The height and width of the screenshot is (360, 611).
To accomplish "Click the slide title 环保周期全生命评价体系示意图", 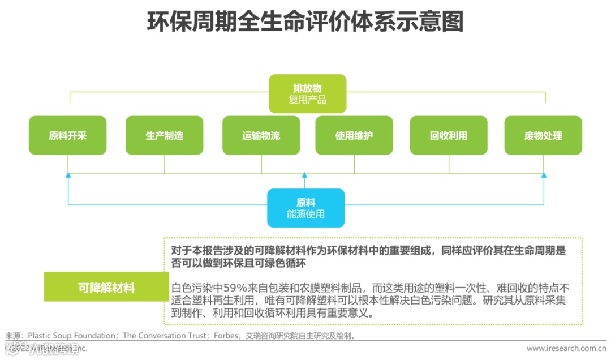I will point(305,23).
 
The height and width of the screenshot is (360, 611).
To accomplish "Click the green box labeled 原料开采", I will point(67,136).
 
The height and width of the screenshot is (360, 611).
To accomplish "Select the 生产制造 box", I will point(164,136).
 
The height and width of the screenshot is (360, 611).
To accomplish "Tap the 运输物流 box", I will point(261,136).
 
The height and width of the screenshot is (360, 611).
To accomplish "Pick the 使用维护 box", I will point(354,136).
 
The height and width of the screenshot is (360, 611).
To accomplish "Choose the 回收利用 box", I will point(449,136).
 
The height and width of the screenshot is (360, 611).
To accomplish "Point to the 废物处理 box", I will point(543,136).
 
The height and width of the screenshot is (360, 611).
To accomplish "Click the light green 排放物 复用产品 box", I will point(307,94).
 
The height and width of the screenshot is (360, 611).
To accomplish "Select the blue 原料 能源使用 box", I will point(305,208).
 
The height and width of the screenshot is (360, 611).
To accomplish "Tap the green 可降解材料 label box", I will point(106,288).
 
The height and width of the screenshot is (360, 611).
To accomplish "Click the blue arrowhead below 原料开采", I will point(68,175).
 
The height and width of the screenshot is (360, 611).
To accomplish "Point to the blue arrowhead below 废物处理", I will point(544,175).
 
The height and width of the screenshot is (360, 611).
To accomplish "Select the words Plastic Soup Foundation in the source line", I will point(73,336).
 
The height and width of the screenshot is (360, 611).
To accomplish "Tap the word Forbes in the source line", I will point(226,336).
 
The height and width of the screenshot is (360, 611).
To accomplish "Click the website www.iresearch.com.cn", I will point(566,348).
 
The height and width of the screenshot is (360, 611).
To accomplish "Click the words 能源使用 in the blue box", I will point(305,215).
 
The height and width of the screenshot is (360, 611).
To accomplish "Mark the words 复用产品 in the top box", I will point(307,100).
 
